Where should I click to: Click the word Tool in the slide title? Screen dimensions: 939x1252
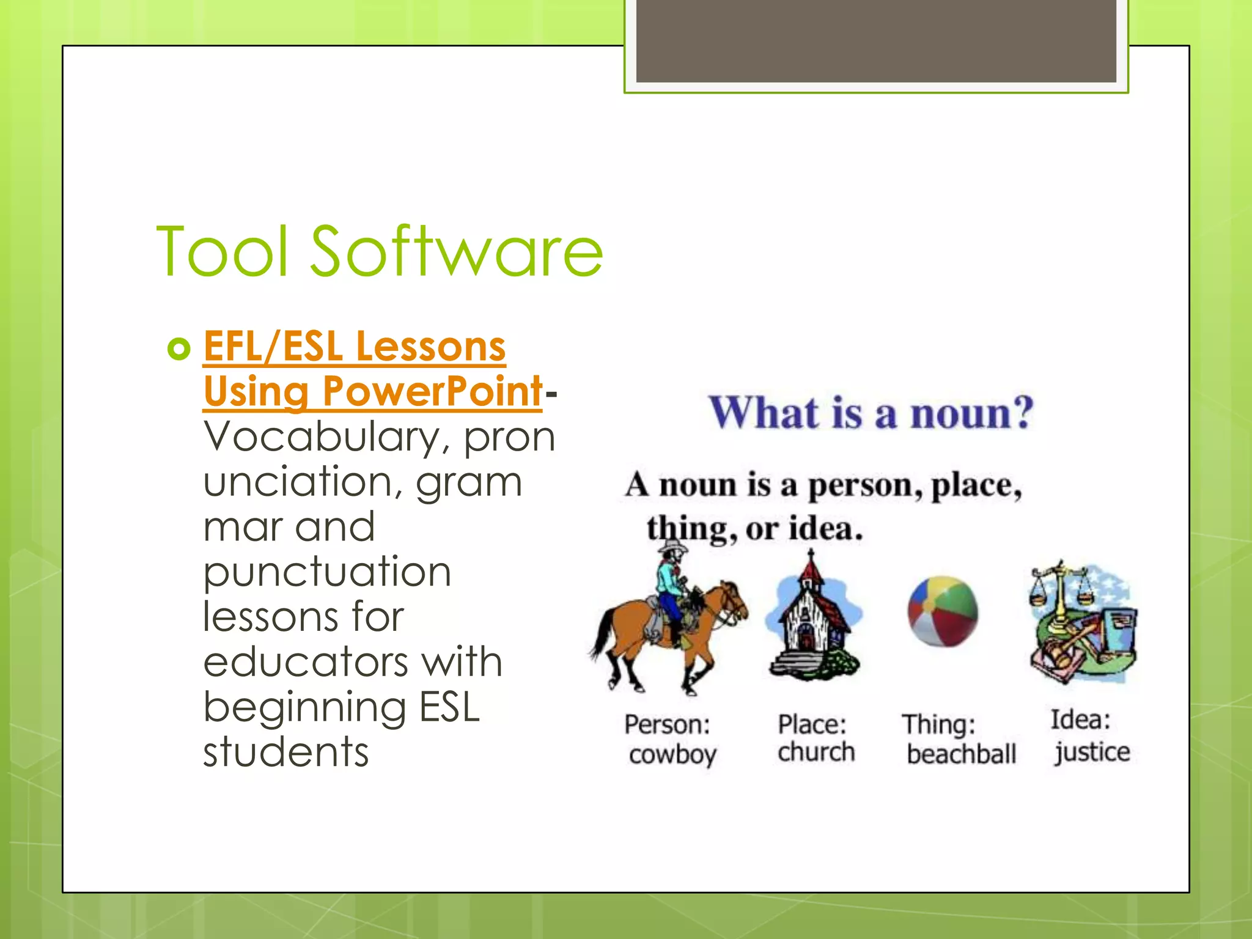pos(222,252)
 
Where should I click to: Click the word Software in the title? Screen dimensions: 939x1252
pos(457,252)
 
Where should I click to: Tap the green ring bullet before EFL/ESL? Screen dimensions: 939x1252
pos(179,349)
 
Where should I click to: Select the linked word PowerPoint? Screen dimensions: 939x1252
pos(432,391)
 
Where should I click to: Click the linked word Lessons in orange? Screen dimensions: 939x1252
pos(430,346)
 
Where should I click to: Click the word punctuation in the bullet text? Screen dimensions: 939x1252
pos(327,572)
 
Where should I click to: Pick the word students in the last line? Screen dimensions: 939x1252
pos(286,752)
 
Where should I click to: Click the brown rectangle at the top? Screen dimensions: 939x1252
pos(875,40)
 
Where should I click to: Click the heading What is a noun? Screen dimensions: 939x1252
pos(871,413)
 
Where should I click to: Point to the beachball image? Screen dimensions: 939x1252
pos(943,611)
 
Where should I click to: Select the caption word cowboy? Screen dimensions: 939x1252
pos(672,755)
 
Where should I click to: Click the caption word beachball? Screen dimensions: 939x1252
pos(961,754)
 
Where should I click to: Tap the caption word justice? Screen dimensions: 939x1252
pos(1092,752)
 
